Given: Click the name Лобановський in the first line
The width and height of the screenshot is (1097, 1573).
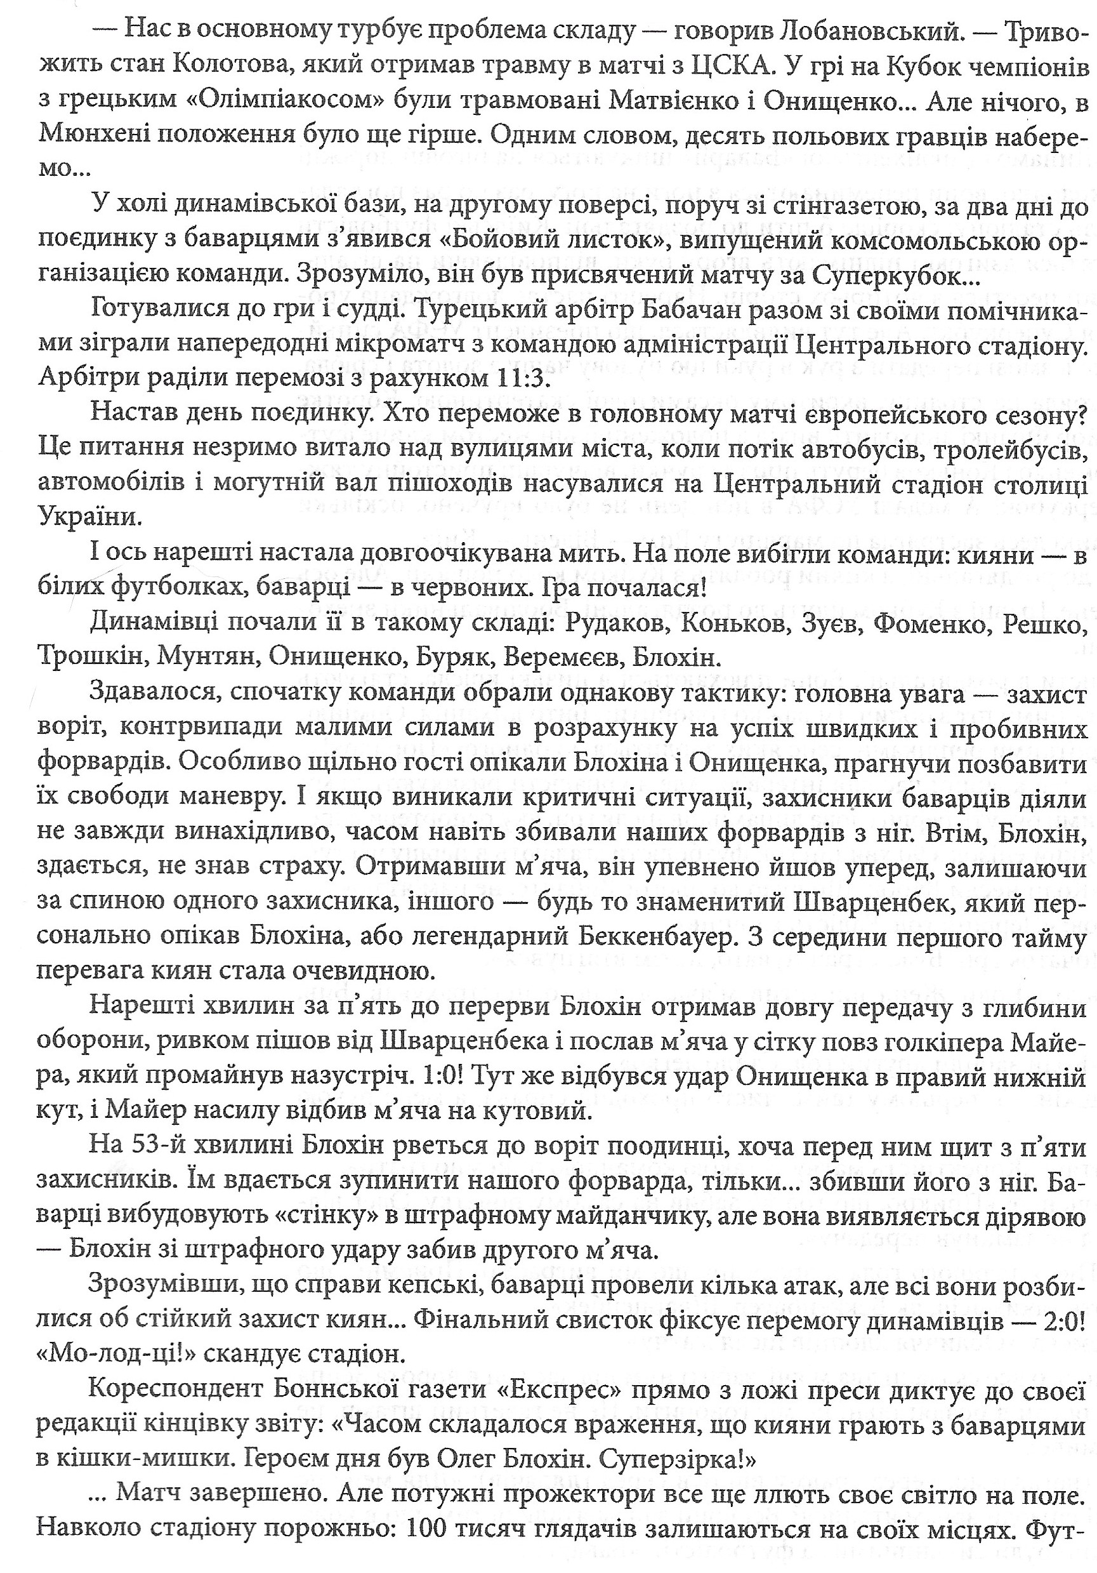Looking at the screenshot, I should click(850, 32).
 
